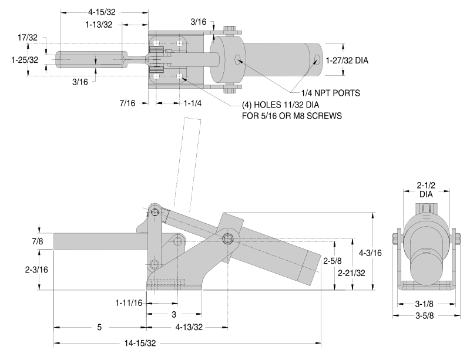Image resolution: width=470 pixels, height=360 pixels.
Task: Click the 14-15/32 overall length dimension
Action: click(140, 343)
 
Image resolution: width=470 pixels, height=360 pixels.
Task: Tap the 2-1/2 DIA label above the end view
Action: click(425, 188)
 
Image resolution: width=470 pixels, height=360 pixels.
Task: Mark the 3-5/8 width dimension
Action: click(425, 316)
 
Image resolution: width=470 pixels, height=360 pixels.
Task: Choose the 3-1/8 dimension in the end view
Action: click(425, 304)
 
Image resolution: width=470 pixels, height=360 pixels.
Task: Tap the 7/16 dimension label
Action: click(127, 103)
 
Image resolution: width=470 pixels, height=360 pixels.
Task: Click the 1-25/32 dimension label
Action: click(25, 60)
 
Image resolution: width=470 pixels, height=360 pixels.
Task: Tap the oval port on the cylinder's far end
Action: click(317, 59)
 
